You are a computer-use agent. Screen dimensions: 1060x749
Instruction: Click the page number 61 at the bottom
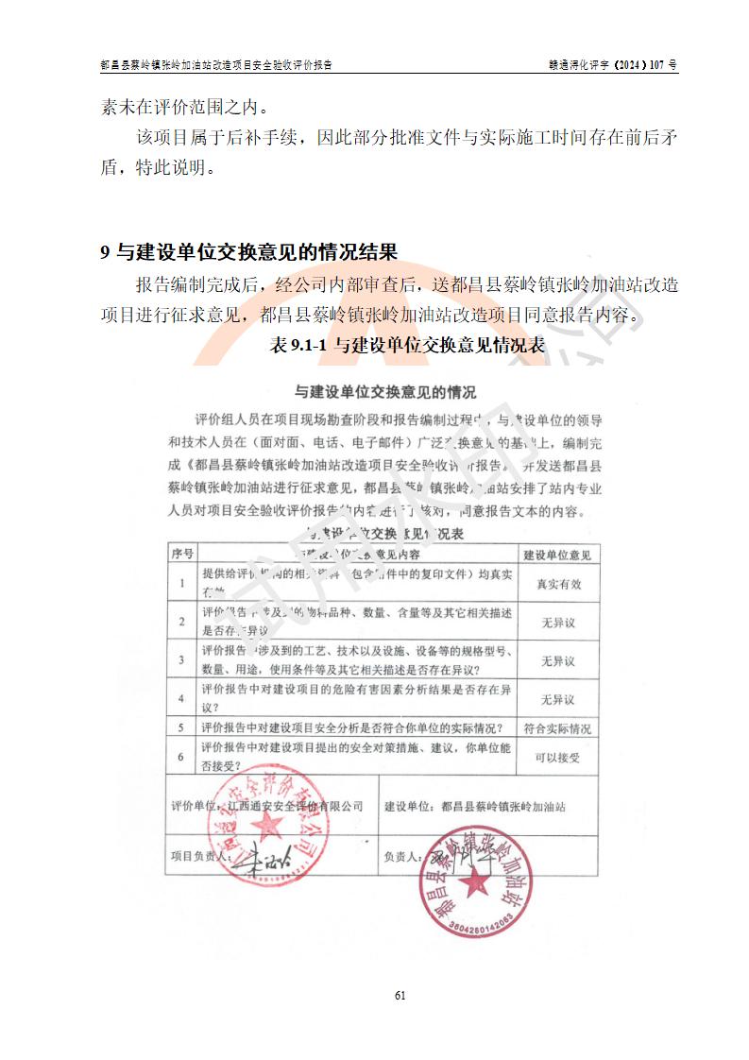pos(400,995)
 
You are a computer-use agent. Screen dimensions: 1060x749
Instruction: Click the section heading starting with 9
pos(249,252)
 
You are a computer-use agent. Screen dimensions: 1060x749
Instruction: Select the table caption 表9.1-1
pos(407,346)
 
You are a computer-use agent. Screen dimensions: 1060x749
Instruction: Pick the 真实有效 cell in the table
pos(558,584)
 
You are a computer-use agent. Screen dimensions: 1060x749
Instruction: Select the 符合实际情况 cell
pos(557,728)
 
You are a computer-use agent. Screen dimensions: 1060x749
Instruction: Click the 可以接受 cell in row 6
pos(557,758)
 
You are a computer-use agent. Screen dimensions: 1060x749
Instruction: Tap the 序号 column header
pos(181,554)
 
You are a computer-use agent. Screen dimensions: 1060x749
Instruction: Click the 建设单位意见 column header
pos(557,554)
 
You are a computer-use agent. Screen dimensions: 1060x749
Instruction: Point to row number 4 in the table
pos(181,700)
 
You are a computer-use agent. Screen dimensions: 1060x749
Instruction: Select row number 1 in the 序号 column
pos(181,584)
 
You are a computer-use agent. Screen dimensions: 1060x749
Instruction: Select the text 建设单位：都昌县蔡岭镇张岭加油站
pos(475,808)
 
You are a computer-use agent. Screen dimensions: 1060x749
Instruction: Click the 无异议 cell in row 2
pos(557,623)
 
